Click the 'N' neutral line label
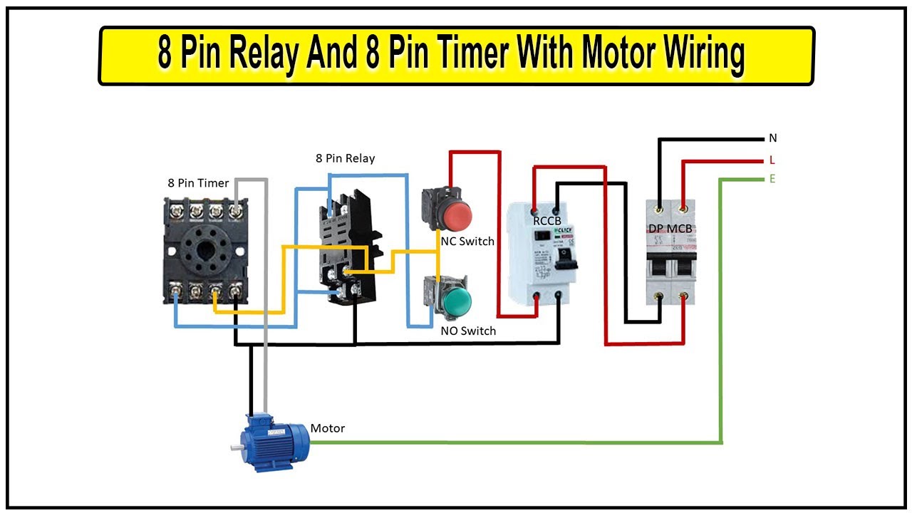pos(773,138)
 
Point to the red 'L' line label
pos(772,160)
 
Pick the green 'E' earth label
pos(772,179)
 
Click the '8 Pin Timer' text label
pos(198,183)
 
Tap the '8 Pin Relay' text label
pos(345,158)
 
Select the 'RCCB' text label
pos(547,221)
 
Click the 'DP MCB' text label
pos(670,229)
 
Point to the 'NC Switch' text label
pos(467,242)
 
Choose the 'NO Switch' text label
pos(467,331)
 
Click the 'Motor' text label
pos(327,428)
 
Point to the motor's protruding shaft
pos(235,447)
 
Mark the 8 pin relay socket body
pos(345,242)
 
